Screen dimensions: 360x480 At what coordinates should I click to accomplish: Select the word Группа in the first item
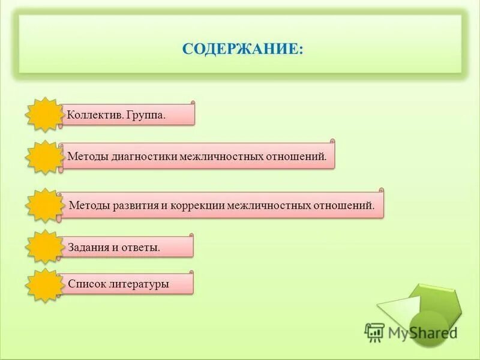tap(146, 115)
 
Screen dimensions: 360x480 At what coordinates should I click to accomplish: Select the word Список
tap(87, 284)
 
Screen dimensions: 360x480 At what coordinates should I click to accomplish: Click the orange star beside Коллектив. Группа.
tap(45, 114)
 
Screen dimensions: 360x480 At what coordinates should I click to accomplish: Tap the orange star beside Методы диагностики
tap(45, 157)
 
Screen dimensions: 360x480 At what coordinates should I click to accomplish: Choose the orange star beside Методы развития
tap(45, 205)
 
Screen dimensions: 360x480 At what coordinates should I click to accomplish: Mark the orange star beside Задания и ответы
tap(45, 247)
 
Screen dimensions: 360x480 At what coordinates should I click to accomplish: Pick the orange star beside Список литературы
tap(45, 284)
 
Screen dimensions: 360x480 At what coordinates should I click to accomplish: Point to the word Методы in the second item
tap(88, 157)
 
